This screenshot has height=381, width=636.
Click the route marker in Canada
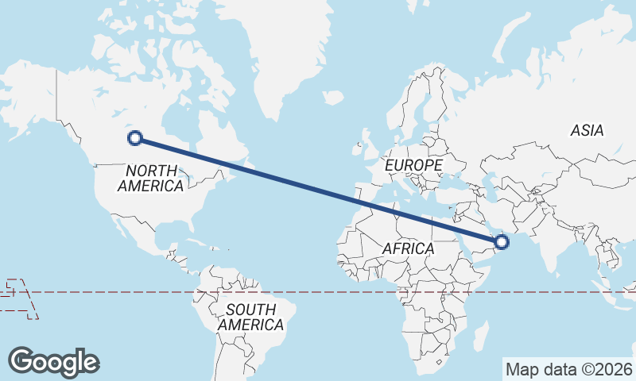pos(136,138)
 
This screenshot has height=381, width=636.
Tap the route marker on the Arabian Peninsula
pos(501,240)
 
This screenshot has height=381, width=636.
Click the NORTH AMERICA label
pos(151,178)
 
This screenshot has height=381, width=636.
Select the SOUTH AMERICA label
pos(251,317)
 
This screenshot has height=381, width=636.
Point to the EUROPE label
pos(413,165)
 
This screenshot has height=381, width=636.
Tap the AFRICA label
pos(408,248)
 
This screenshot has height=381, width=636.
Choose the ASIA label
pos(587,130)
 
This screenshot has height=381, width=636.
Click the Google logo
pos(53,361)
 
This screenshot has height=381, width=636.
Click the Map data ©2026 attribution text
pos(568,369)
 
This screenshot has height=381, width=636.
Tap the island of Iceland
pos(333,98)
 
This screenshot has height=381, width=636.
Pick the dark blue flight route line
pos(318,189)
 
